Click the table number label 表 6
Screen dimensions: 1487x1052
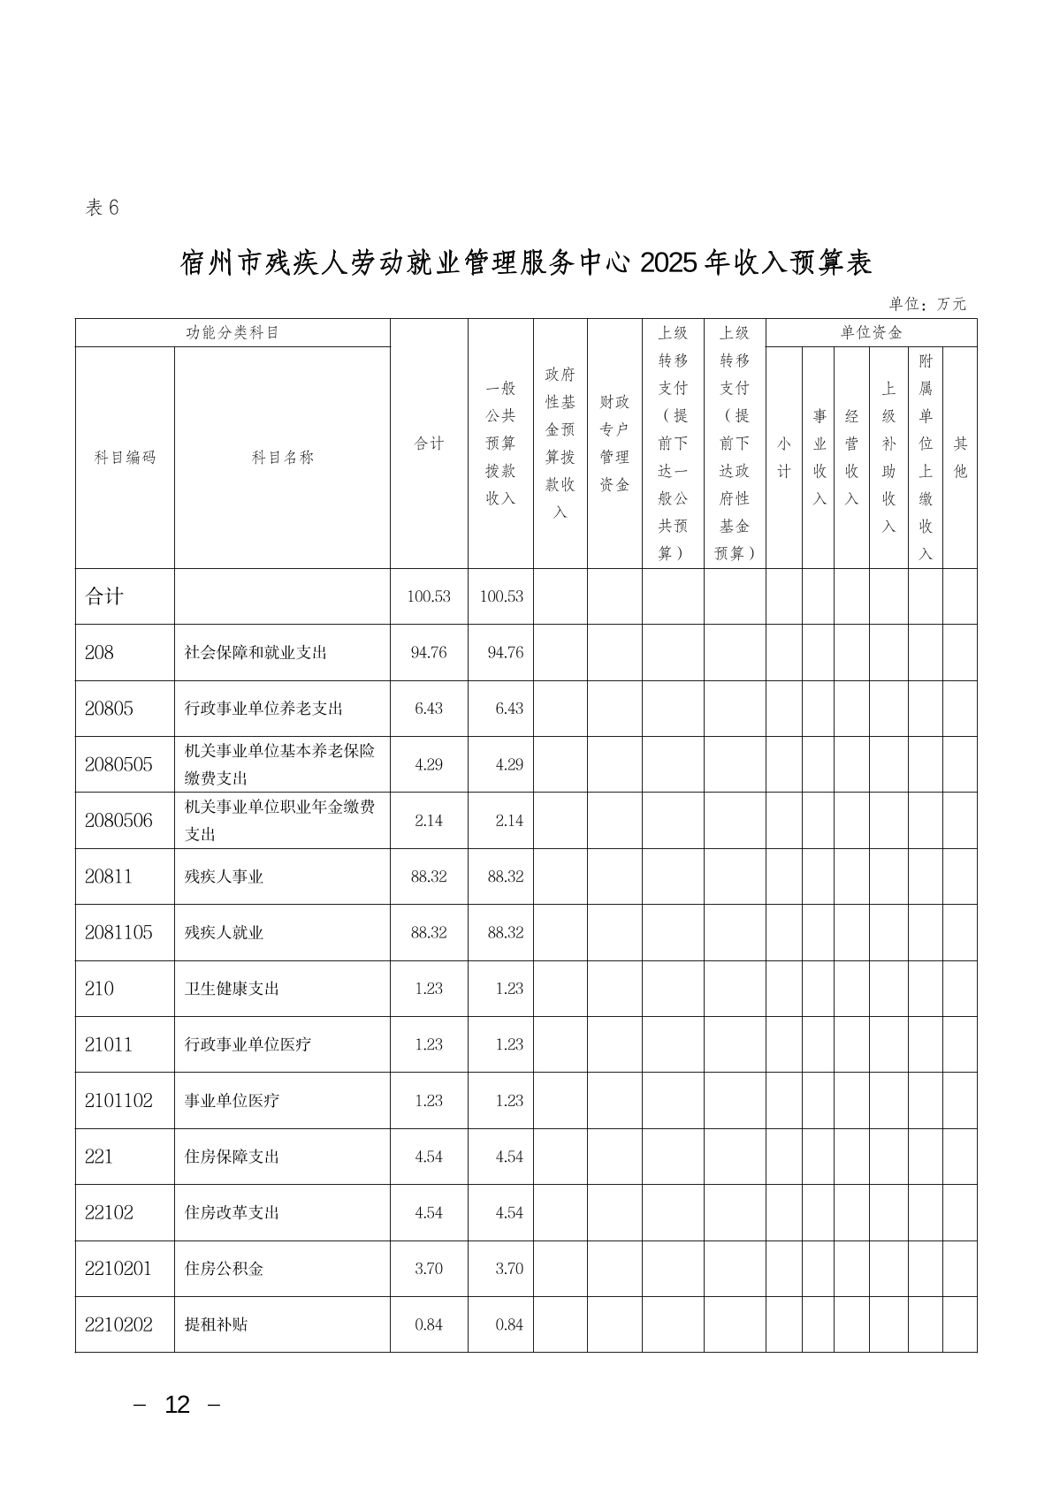click(102, 208)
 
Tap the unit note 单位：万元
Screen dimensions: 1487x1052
click(927, 304)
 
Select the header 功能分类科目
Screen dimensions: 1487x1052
click(233, 333)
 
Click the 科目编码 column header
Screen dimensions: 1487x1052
click(125, 458)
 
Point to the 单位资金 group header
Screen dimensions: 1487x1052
click(871, 333)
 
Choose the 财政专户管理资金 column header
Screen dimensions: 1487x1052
click(614, 444)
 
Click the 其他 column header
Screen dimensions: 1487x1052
click(960, 458)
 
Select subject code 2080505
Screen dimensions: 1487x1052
click(118, 764)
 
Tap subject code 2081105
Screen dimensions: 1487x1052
click(118, 932)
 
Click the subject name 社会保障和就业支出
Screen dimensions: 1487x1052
click(255, 653)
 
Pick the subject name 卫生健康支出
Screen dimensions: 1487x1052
click(232, 989)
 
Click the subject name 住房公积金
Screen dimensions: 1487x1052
click(224, 1269)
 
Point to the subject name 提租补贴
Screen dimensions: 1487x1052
click(216, 1324)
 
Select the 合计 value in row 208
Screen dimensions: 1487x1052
click(429, 653)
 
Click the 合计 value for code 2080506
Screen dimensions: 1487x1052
click(429, 821)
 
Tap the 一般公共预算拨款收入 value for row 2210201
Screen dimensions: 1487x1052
click(509, 1269)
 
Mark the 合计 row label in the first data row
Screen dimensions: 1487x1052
click(104, 596)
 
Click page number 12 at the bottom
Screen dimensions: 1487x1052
click(177, 1405)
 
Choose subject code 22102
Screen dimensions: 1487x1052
click(109, 1212)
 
